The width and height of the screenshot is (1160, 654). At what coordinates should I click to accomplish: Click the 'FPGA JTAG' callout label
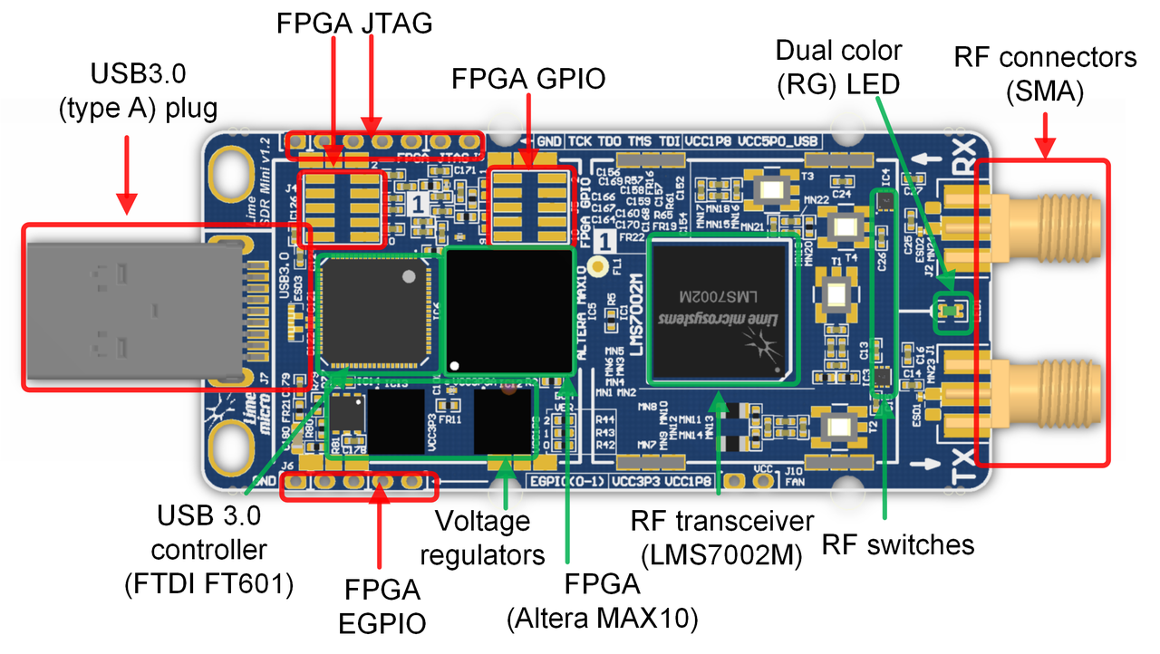[354, 24]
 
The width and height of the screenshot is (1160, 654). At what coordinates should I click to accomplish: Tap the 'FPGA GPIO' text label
[528, 80]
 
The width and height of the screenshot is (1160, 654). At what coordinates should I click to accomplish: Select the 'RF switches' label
[898, 544]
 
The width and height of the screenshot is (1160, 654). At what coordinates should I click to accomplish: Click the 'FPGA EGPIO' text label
[382, 607]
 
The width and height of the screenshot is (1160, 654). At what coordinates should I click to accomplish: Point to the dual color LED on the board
[948, 312]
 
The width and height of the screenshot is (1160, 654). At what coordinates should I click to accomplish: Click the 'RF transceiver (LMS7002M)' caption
[722, 537]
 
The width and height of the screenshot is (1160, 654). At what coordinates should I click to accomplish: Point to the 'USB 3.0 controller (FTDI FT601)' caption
[208, 550]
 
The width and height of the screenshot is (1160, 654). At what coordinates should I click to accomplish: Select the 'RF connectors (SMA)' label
[1045, 73]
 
